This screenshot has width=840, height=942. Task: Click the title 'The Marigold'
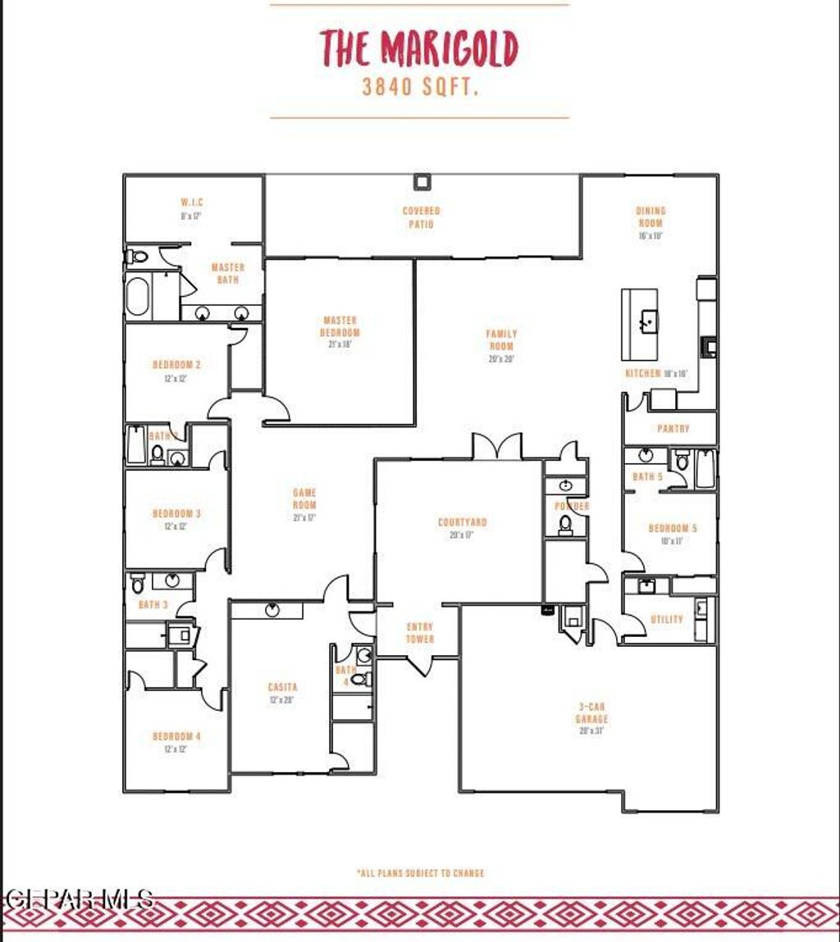point(419,48)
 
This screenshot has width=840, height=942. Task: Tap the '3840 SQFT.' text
point(420,88)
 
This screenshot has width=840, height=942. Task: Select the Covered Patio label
point(421,217)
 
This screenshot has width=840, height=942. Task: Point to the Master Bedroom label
point(340,327)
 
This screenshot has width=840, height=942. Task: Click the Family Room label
point(501,340)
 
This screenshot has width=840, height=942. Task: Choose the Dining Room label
point(651,217)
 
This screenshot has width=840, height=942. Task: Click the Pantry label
point(673,429)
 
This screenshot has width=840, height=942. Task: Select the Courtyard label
point(462,522)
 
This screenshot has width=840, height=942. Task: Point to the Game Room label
point(304,499)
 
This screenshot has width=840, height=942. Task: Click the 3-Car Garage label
point(591,713)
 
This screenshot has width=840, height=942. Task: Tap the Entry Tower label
point(420,633)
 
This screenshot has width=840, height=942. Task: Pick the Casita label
point(282,687)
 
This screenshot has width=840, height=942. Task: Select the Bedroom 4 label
point(176,737)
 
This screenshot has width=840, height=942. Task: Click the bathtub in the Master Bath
point(138,297)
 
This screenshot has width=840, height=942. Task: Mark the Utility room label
point(666,620)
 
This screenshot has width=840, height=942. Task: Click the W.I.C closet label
point(192,203)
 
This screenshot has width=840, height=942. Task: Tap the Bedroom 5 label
point(673,529)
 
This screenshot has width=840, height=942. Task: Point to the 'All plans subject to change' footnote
point(420,873)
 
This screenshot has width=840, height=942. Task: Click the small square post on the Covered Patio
point(422,182)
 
